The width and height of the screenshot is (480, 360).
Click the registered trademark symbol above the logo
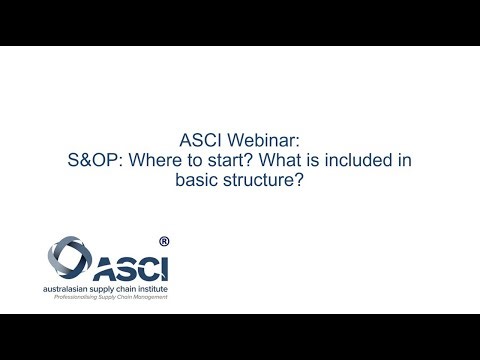(164, 241)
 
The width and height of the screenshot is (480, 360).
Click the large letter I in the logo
(165, 267)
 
